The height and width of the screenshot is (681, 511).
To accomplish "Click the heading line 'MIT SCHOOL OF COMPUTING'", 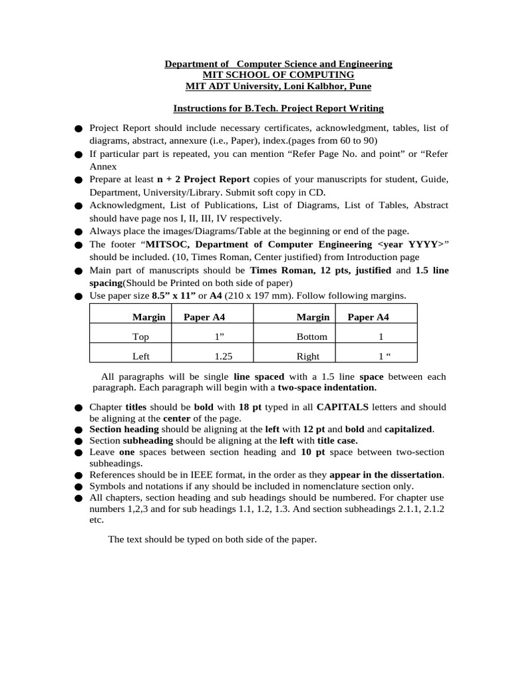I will coord(278,75).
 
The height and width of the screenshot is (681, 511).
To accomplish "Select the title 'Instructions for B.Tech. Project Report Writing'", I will coord(278,108).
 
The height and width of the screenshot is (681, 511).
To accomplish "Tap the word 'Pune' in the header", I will coord(360,86).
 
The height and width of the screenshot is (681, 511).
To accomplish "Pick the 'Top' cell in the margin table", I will coord(141,337).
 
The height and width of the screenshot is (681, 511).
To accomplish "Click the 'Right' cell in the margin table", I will coord(308,356).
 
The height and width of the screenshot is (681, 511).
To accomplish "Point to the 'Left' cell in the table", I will coord(141,356).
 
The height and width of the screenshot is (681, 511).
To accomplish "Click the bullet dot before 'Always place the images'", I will coord(79,232).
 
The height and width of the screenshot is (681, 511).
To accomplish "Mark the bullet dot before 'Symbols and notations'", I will coord(79,487).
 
